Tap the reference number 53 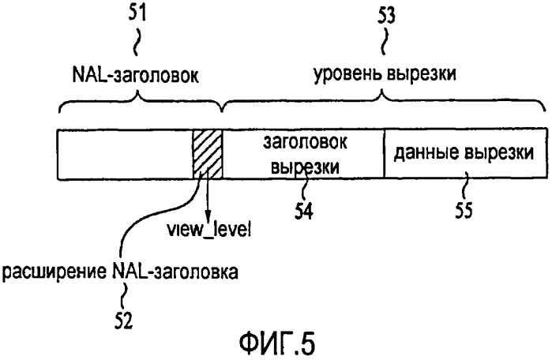[x=386, y=16]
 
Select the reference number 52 [x=123, y=321]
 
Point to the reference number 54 [x=304, y=211]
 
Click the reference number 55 [x=464, y=210]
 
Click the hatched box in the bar [x=208, y=154]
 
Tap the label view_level [x=208, y=231]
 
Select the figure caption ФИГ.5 [x=277, y=343]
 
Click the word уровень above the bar [x=347, y=75]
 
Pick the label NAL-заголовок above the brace [x=136, y=75]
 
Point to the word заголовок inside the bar [x=306, y=142]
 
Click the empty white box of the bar [x=125, y=154]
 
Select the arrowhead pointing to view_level [x=208, y=214]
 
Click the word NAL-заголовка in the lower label [x=175, y=272]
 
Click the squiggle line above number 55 [x=464, y=186]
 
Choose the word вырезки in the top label [x=422, y=75]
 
